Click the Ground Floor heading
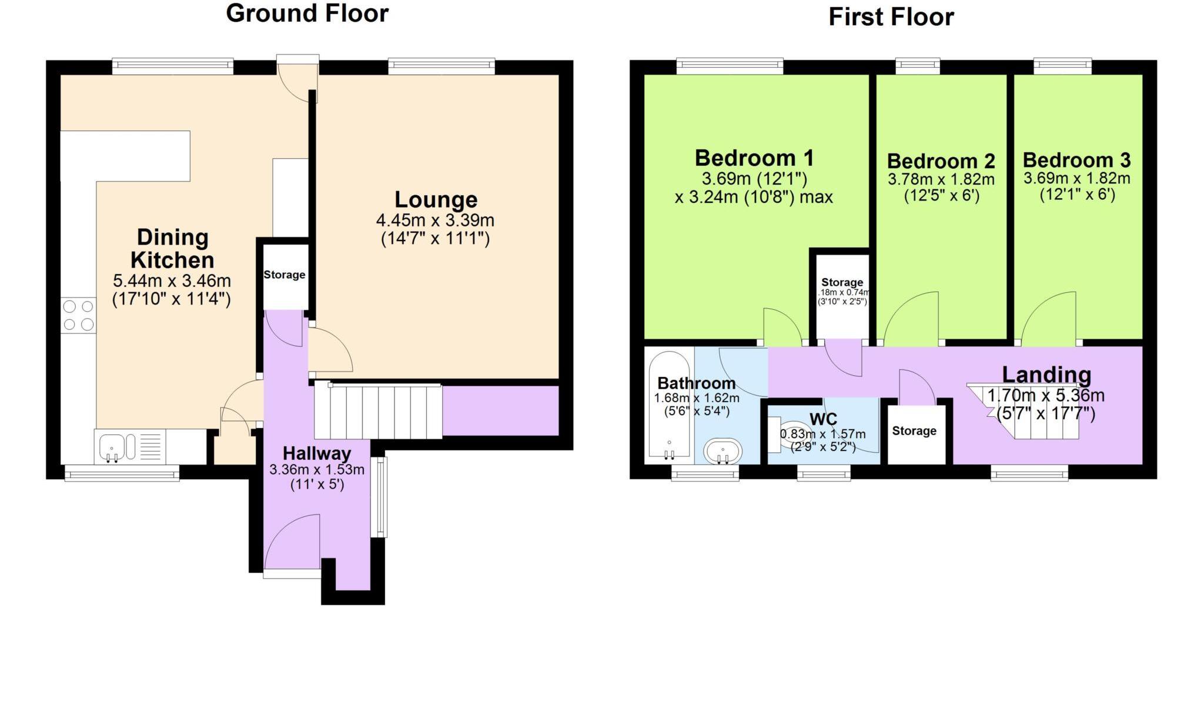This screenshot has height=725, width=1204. point(307,14)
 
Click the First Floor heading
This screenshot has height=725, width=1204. point(890,17)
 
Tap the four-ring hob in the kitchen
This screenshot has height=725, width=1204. point(79,315)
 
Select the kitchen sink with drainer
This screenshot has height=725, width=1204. point(129,447)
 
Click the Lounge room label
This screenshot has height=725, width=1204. point(436,200)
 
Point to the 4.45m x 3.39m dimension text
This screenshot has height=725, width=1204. point(435,220)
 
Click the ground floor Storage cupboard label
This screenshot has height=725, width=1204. point(284,275)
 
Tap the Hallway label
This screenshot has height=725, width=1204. point(316,453)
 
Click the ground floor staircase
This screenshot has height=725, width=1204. point(377,411)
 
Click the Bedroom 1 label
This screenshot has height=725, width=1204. point(754,158)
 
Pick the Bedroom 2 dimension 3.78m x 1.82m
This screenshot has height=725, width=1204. point(941,179)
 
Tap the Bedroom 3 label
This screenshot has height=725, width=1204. point(1076,160)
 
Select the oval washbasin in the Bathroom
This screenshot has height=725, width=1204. point(723,451)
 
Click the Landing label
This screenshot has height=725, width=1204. point(1046,375)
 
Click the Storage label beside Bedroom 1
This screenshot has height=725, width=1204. point(841,282)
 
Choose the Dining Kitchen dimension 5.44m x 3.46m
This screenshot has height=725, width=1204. point(172,281)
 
